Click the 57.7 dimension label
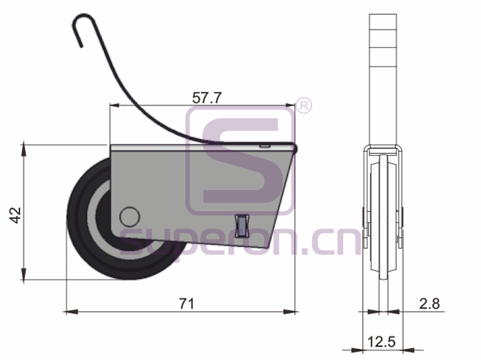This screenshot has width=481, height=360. point(206,98)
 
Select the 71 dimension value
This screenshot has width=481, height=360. point(187,304)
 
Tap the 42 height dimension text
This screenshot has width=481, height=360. point(15,215)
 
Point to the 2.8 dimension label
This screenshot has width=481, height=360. point(429,304)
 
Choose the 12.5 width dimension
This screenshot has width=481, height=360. point(382,342)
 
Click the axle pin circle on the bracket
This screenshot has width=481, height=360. point(129,216)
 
